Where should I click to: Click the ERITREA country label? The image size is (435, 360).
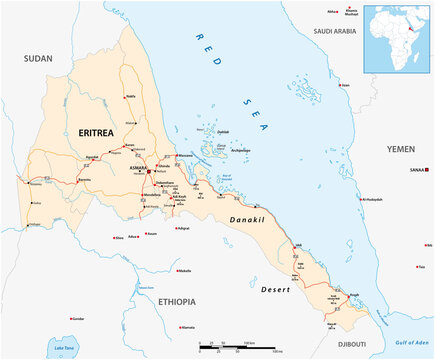[97, 131]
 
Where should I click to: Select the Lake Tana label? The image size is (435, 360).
[66, 347]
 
